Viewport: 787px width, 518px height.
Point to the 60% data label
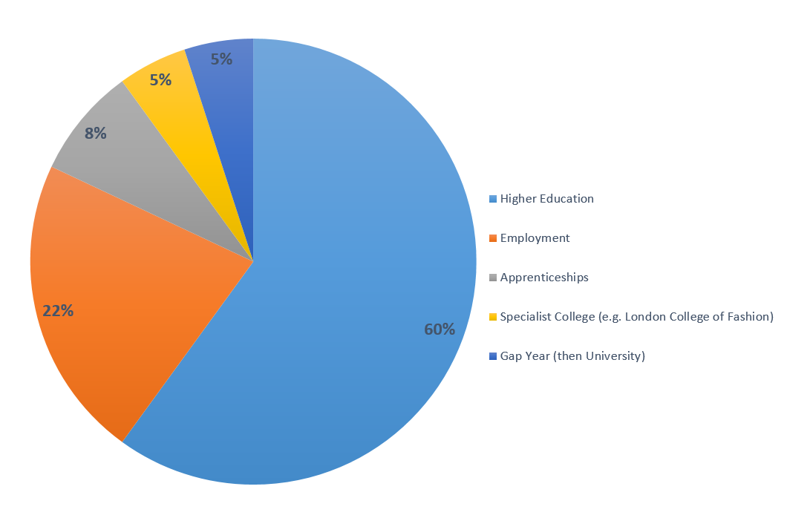point(440,330)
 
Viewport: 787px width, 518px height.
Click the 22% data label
point(58,311)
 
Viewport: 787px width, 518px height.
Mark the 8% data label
point(96,134)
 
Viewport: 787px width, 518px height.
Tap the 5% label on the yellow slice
point(160,79)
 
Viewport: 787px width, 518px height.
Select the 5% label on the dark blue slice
point(221,59)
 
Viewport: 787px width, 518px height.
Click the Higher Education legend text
point(547,199)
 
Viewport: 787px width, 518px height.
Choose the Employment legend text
point(535,238)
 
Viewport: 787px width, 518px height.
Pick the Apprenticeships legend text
point(544,278)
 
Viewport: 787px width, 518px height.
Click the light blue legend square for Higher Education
point(493,200)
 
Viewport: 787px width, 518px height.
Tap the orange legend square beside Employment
point(493,239)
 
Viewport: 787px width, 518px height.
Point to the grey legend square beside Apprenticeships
point(493,278)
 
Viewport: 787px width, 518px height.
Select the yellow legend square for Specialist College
point(493,318)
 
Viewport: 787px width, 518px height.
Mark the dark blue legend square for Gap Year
point(493,357)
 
